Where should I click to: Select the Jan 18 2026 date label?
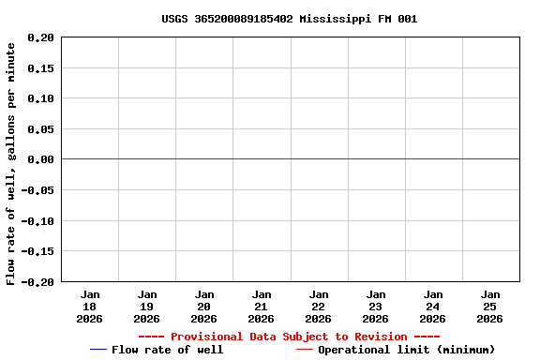pos(90,307)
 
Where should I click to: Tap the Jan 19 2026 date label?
pos(147,307)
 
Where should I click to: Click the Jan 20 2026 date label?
pos(204,307)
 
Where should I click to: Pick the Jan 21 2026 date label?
pos(262,307)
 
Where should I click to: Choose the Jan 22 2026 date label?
pos(319,307)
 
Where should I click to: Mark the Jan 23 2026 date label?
pos(376,307)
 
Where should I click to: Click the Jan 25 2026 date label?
pos(490,307)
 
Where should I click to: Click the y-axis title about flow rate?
pos(11,163)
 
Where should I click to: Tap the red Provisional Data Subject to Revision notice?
pos(289,337)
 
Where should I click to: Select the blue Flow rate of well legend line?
pos(98,350)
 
